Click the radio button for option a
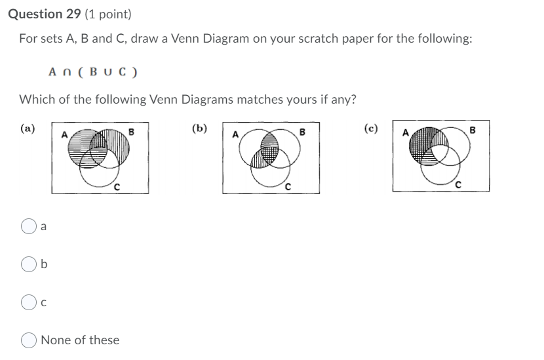coord(29,227)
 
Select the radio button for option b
coord(29,264)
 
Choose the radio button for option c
coord(29,302)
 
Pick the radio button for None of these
coord(29,340)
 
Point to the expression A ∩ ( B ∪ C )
coord(93,72)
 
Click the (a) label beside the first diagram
coord(28,129)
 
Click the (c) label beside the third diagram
coord(371,129)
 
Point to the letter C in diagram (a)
coord(116,188)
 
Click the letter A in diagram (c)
coord(405,133)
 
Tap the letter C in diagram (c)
coord(457,187)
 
